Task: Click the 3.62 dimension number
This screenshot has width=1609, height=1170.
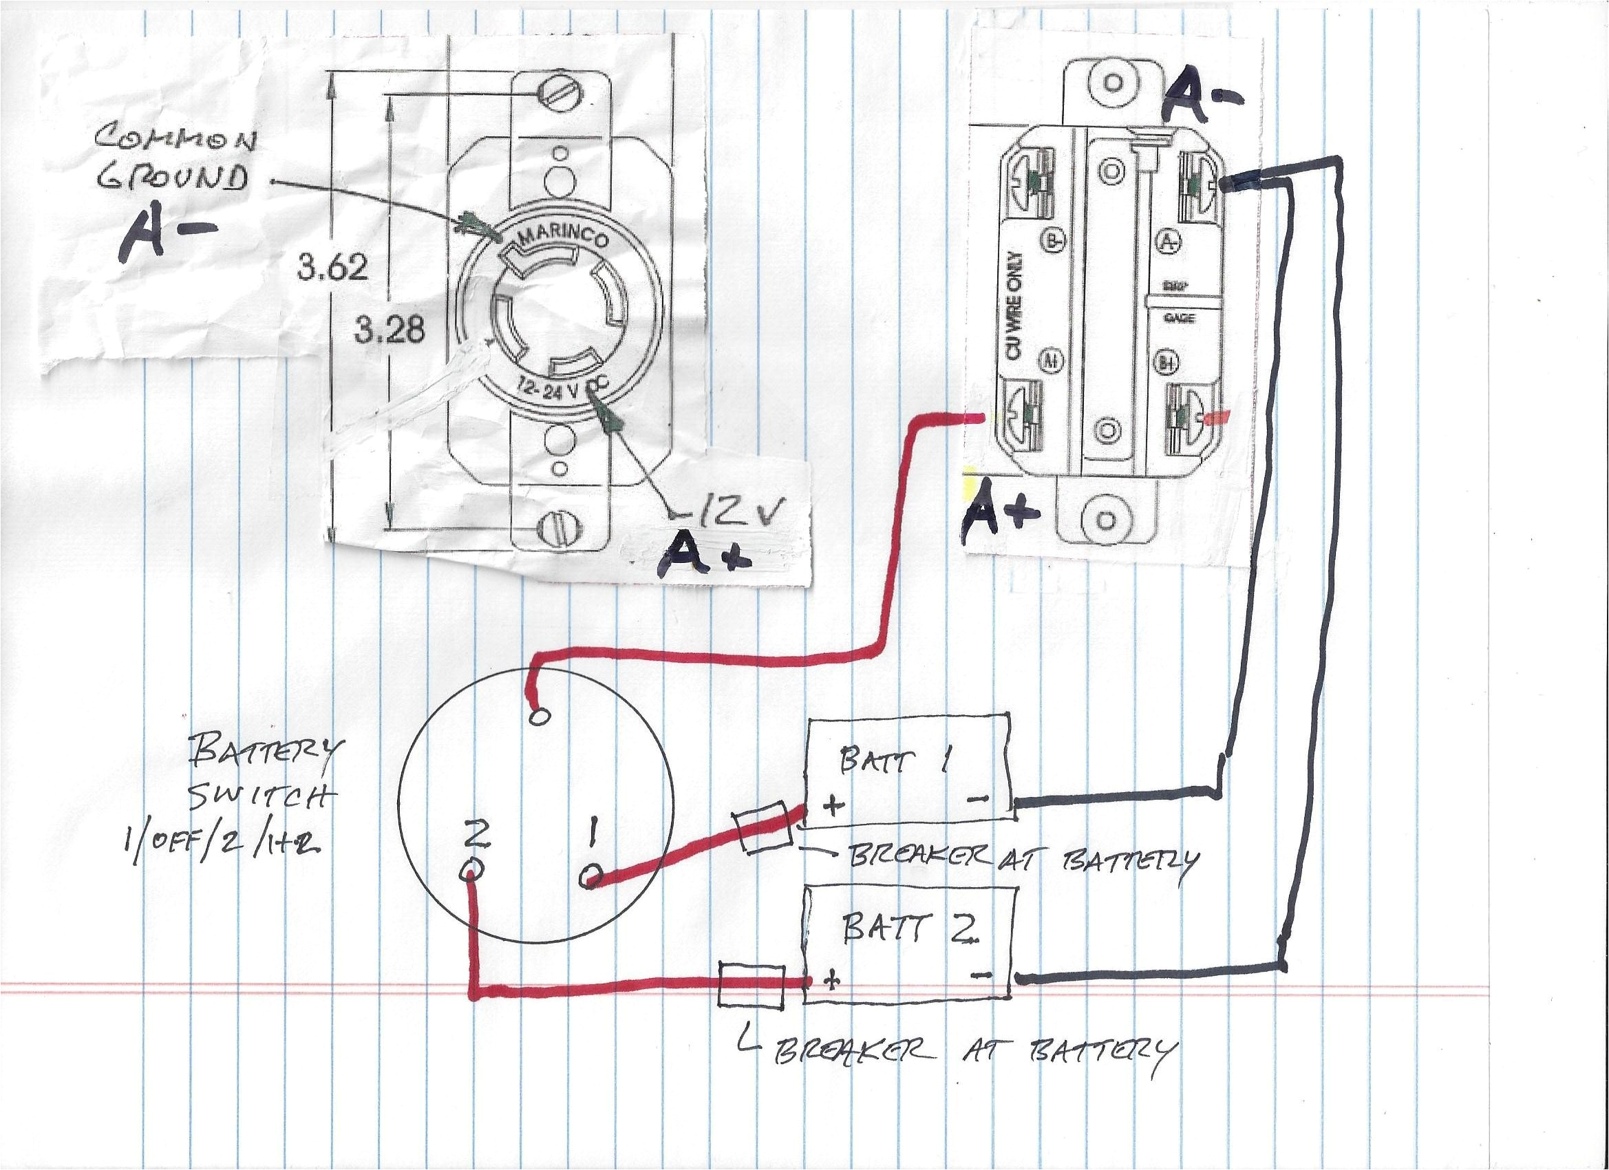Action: [332, 268]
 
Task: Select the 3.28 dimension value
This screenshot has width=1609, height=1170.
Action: [390, 330]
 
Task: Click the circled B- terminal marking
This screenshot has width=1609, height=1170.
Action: [1053, 242]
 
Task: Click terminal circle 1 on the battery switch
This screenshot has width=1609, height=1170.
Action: [593, 880]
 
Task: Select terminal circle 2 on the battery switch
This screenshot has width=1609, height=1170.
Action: [473, 869]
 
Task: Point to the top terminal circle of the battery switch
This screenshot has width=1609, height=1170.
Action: [539, 716]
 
